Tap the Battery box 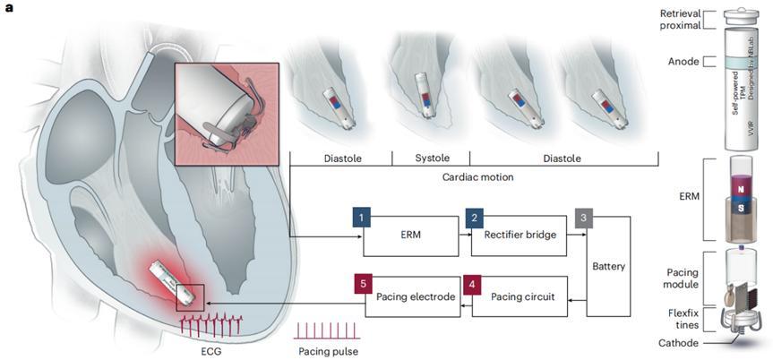click(608, 265)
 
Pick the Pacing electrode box click(411, 296)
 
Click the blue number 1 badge click(360, 218)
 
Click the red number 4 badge click(472, 286)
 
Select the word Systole click(418, 159)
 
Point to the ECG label click(214, 351)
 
